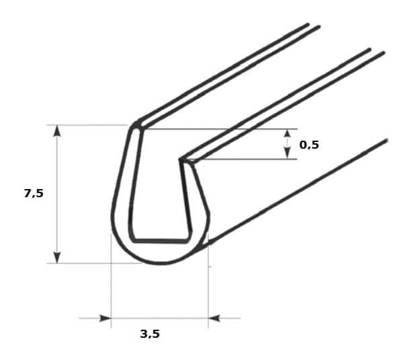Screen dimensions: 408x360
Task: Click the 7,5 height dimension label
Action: (34, 194)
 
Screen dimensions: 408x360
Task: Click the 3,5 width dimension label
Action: (150, 334)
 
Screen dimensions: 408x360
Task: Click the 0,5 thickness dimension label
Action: (309, 145)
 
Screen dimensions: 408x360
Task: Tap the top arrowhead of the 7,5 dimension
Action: (57, 131)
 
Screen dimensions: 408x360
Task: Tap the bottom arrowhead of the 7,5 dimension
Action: (57, 257)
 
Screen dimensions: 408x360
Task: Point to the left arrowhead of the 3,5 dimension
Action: (106, 318)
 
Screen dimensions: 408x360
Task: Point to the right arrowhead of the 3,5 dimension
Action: (214, 318)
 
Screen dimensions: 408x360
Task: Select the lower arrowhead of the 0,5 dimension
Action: (287, 153)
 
